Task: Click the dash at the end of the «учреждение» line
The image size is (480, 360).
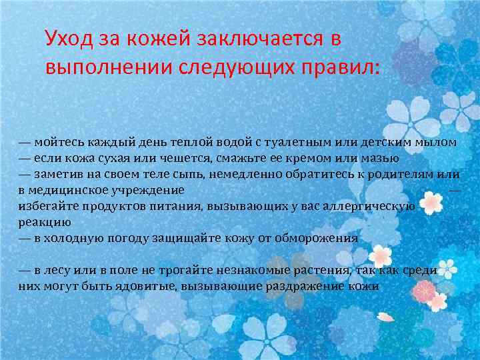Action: tap(455, 190)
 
